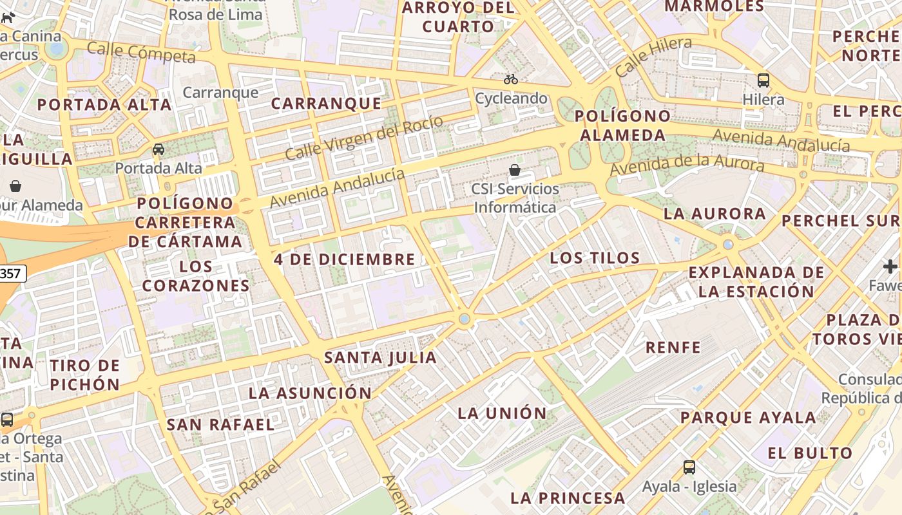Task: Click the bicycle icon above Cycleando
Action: [x=511, y=79]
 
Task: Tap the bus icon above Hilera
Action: [x=763, y=80]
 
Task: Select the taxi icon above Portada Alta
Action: [x=158, y=149]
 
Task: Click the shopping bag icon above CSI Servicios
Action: [x=515, y=170]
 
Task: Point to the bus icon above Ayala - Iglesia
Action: [x=689, y=467]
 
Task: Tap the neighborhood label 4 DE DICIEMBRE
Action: [x=345, y=259]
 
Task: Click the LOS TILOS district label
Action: [x=595, y=259]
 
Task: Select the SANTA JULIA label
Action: [x=380, y=357]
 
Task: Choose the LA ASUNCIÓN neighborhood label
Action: [x=310, y=393]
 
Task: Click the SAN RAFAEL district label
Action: [x=220, y=425]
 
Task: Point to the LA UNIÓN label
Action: [x=502, y=413]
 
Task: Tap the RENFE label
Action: [x=673, y=348]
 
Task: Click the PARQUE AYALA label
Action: [x=748, y=417]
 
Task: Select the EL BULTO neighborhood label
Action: [x=810, y=453]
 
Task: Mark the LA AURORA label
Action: [x=715, y=214]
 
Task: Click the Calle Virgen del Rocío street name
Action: [x=364, y=138]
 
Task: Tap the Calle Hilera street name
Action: [x=653, y=56]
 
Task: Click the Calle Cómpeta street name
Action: [x=141, y=52]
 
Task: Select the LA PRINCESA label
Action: [x=568, y=498]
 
